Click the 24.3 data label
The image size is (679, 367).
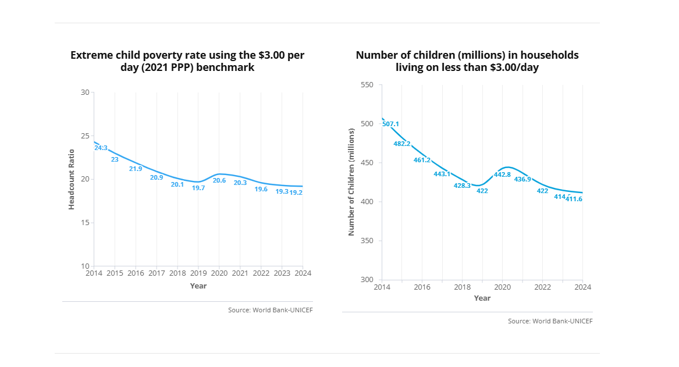point(101,148)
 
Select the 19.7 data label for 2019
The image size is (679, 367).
point(198,188)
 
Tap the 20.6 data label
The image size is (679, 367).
point(219,180)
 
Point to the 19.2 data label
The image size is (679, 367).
point(296,192)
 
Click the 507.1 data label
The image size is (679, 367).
point(390,124)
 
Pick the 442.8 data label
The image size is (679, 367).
point(502,174)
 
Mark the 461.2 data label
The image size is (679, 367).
point(422,160)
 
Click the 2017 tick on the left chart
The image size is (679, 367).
point(157,273)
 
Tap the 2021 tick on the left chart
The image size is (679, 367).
point(240,273)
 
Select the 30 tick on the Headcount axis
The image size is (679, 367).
point(85,92)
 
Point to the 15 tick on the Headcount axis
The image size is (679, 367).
point(85,223)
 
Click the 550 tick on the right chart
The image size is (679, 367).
point(366,85)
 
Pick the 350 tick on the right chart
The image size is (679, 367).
point(366,241)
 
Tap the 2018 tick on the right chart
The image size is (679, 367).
point(462,287)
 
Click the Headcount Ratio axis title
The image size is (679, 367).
point(72,179)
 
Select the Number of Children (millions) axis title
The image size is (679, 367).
point(351,182)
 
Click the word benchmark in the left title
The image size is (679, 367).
point(227,67)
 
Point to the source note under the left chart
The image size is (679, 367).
point(270,310)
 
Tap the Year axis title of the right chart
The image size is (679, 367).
point(482,298)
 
